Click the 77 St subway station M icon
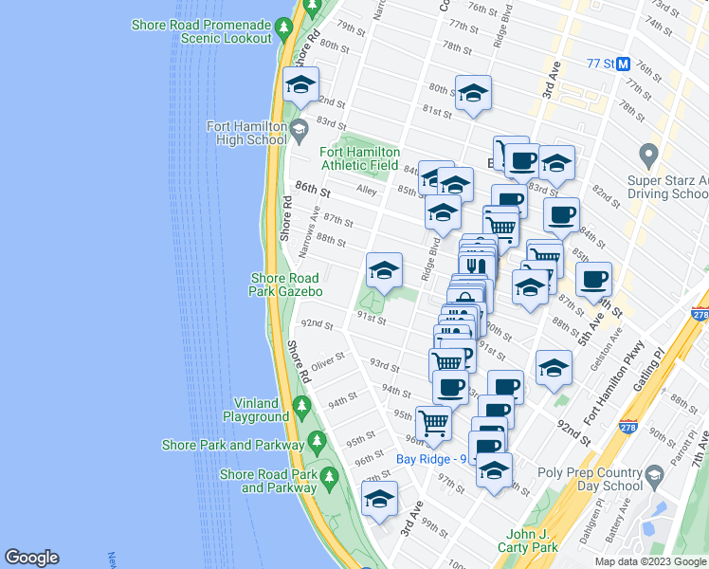click(624, 64)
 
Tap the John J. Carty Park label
click(529, 541)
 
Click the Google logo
click(31, 558)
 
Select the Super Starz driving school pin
click(648, 154)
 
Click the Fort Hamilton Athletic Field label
click(359, 158)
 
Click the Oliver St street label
click(325, 359)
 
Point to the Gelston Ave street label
click(598, 352)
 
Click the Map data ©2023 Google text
click(649, 561)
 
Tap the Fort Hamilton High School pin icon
click(300, 128)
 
